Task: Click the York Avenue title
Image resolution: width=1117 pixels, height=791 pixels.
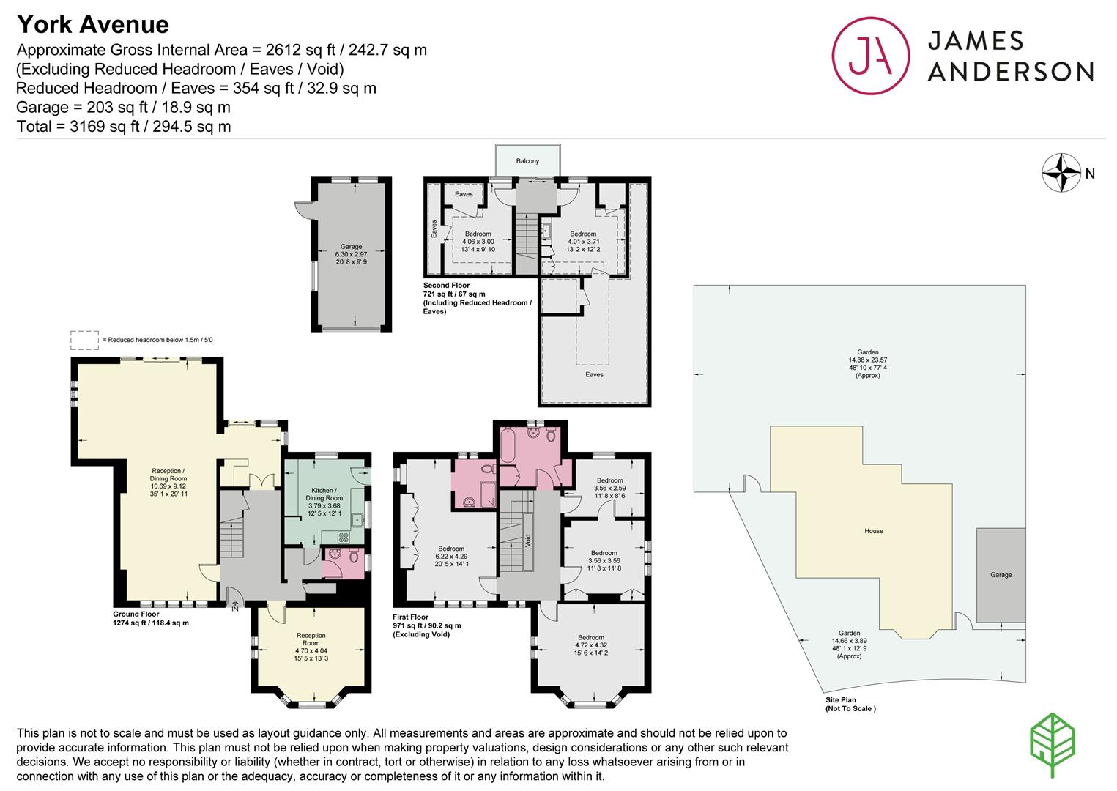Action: [93, 24]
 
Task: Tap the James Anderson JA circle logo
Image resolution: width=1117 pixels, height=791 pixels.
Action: [870, 56]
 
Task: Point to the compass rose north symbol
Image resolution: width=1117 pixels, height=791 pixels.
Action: [1061, 173]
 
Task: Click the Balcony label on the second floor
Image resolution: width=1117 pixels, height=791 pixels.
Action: [527, 161]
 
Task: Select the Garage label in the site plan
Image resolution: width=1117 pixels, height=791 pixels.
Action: [1001, 574]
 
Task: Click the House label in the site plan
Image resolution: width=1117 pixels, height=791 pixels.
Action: [874, 531]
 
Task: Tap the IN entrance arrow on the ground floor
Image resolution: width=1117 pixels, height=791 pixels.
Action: [235, 606]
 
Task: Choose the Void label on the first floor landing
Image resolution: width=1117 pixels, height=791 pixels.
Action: [528, 540]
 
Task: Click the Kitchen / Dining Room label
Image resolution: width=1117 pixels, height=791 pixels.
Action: [324, 494]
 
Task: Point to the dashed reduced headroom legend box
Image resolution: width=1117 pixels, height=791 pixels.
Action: [84, 340]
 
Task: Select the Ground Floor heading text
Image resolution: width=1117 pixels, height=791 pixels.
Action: [136, 614]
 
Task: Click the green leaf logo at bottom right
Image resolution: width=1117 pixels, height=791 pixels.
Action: [1052, 745]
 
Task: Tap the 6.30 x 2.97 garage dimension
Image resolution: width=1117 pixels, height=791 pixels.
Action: [351, 254]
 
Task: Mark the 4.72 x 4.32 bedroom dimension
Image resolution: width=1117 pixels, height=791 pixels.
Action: [591, 645]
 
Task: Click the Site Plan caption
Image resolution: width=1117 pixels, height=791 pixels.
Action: [841, 699]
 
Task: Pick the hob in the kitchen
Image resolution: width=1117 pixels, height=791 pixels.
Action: [344, 537]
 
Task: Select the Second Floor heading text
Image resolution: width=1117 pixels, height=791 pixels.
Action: [446, 286]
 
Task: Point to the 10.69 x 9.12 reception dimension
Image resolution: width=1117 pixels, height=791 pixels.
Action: [168, 486]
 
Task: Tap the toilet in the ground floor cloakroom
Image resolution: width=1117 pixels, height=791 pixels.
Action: [354, 555]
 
